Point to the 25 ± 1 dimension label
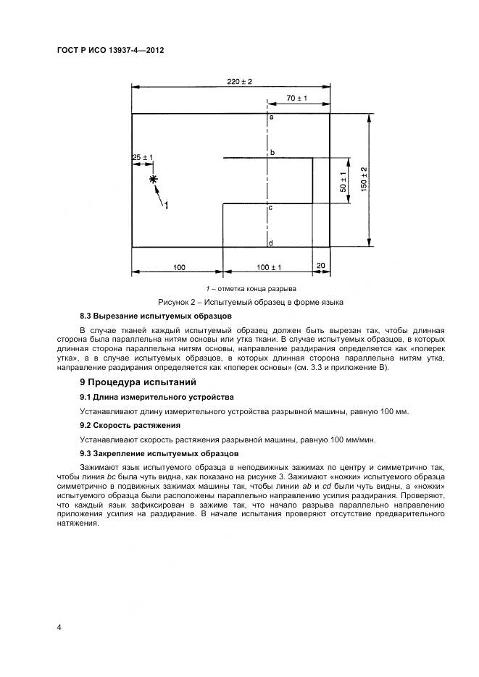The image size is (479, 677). click(142, 157)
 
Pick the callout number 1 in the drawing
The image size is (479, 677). click(166, 206)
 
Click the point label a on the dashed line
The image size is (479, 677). click(271, 117)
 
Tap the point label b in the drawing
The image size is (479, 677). click(272, 154)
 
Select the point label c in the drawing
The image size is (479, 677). click(270, 208)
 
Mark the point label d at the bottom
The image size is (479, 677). click(270, 242)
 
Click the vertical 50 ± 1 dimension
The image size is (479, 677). click(343, 181)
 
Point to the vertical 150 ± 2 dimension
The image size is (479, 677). click(364, 180)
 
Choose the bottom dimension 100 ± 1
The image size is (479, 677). click(269, 267)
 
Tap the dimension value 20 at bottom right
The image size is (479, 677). click(321, 266)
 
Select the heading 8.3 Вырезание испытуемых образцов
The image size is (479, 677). click(156, 316)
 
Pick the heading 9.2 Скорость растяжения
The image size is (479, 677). click(130, 425)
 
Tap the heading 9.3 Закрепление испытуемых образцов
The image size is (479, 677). click(159, 453)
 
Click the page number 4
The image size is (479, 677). click(59, 626)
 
